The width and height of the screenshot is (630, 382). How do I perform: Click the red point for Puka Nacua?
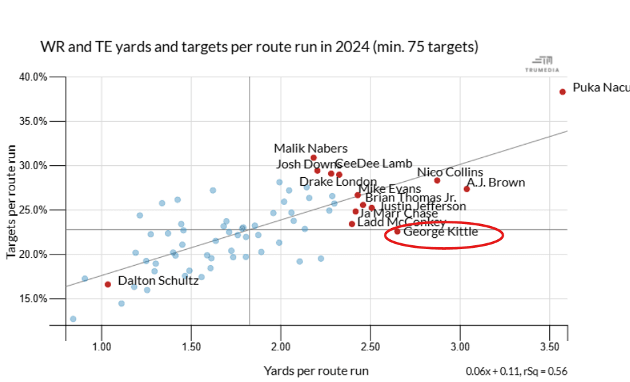click(x=562, y=92)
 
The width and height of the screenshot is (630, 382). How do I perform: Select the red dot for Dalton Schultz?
click(x=108, y=284)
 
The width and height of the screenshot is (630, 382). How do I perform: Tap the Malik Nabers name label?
click(x=310, y=149)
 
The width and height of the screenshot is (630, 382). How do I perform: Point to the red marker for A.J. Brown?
click(x=467, y=189)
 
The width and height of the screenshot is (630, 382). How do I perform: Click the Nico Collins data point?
click(x=437, y=180)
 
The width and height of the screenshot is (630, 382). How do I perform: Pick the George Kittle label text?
click(x=440, y=232)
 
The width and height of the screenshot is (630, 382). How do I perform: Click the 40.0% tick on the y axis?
click(x=32, y=77)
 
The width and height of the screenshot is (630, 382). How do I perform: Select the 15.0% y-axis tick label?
click(x=32, y=299)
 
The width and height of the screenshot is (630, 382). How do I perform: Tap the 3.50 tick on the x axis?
click(x=551, y=347)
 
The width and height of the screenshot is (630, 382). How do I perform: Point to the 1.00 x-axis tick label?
click(x=101, y=347)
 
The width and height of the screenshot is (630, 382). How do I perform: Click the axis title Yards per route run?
click(x=316, y=370)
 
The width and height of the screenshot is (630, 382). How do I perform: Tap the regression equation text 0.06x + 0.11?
click(x=497, y=371)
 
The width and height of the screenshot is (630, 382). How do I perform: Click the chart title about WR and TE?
click(x=259, y=48)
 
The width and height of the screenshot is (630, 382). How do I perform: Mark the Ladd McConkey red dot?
click(x=351, y=224)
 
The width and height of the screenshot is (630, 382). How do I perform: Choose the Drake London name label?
click(x=337, y=182)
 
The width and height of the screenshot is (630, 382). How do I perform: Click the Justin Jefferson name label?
click(x=422, y=206)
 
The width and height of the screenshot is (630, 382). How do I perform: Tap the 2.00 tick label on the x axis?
click(x=281, y=347)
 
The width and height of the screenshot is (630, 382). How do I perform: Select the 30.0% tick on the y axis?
click(x=32, y=165)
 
